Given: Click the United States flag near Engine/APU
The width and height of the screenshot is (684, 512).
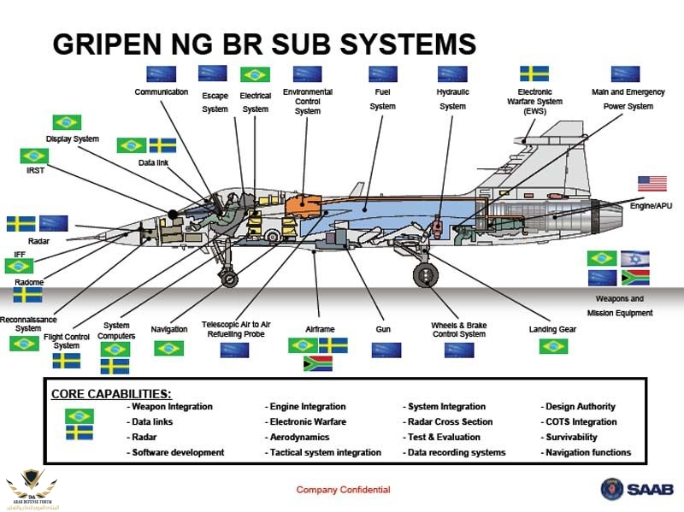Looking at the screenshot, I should coord(652,183).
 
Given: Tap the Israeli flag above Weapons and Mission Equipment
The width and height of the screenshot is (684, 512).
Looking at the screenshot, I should coord(635,257).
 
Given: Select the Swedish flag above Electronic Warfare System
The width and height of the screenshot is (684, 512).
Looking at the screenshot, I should coord(534,74).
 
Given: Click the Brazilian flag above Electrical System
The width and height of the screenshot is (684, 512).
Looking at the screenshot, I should coord(255,74).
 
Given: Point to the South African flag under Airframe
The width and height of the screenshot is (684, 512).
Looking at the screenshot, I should coord(318,364).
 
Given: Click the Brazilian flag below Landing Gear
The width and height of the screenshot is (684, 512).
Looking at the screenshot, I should coord(554,346).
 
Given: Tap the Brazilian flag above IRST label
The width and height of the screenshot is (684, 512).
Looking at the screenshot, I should coord(34,156).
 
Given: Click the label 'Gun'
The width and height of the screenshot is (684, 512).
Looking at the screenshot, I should coord(383,329).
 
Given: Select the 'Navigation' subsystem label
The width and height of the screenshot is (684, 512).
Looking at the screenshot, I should coord(168,329).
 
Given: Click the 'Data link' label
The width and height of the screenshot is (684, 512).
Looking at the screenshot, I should coord(153,162).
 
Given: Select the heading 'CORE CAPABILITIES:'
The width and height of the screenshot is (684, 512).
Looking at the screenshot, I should coord(111,394).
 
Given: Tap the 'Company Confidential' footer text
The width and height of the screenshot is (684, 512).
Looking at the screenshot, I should coord(343,490).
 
